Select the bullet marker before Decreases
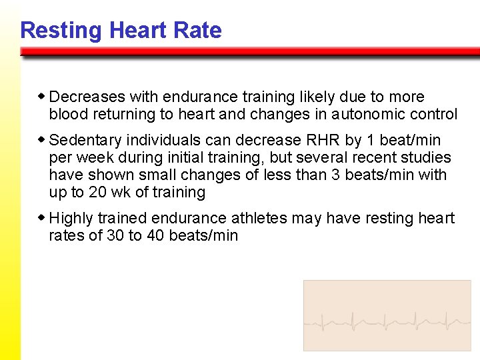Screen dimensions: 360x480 [43, 97]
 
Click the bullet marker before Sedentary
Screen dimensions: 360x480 [43, 140]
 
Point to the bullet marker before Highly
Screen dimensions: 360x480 [43, 218]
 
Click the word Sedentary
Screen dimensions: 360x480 [85, 141]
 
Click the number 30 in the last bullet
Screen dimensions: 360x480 [115, 236]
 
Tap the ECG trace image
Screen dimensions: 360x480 [387, 315]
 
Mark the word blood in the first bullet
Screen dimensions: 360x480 [67, 115]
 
